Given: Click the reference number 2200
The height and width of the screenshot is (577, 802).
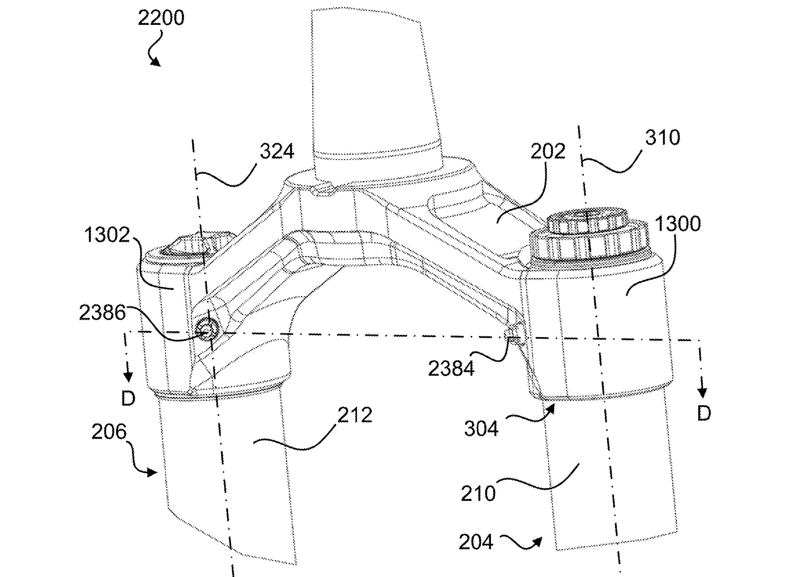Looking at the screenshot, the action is coord(161,18).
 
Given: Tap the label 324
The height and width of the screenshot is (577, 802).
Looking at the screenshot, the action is coord(277,151).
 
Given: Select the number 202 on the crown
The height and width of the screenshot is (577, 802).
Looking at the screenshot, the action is coord(548,151).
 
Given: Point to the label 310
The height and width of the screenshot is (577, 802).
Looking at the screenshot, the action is coord(662,138).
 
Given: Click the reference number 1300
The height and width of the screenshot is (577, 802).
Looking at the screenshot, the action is coord(678,224).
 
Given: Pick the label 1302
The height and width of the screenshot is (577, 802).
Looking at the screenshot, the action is coord(107,235).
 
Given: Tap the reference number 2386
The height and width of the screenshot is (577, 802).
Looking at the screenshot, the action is coord(102,313).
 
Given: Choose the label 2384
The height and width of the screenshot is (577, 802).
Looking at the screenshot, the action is coord(451,369).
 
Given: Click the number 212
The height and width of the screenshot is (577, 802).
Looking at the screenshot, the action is coord(355,415).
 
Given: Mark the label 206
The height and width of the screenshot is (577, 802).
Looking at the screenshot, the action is coord(109,432).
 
